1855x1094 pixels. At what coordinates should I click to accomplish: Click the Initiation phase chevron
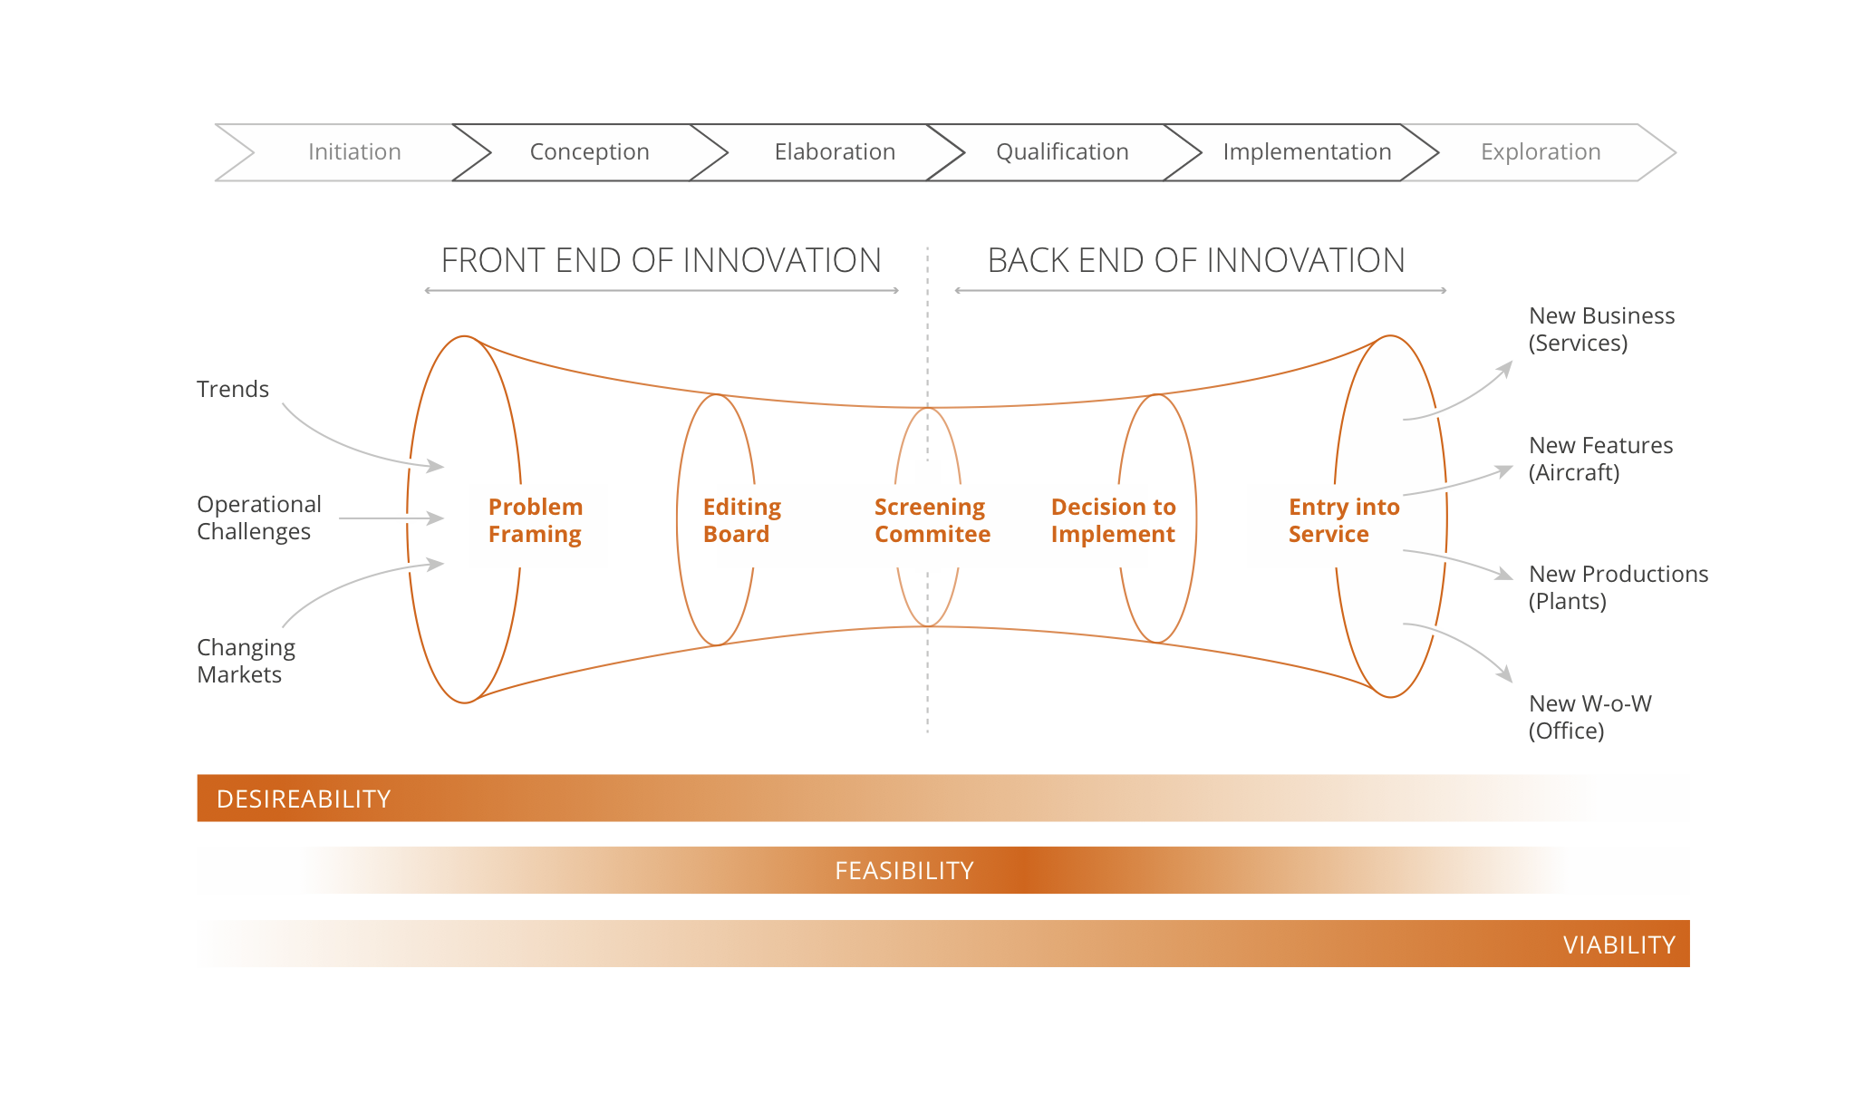(354, 152)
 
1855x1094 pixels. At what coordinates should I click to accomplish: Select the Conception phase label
(589, 152)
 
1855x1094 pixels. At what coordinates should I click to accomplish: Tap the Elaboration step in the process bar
(835, 152)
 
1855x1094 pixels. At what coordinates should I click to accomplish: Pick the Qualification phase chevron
(1062, 152)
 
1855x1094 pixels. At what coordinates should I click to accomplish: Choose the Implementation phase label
(1307, 152)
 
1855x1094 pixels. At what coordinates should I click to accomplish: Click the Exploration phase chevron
(1541, 152)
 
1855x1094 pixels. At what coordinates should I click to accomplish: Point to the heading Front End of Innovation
(661, 261)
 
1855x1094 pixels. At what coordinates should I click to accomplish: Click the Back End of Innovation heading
(1196, 261)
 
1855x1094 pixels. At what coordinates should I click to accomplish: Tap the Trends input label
(233, 390)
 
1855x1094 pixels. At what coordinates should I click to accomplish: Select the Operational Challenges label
(258, 518)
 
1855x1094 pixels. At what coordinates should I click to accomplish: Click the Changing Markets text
(246, 661)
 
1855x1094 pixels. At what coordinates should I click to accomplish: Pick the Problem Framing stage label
(536, 520)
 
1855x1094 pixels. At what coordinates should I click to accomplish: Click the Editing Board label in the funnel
(741, 520)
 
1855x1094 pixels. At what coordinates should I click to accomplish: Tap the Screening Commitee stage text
(932, 520)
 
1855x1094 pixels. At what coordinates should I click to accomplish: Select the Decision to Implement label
(1113, 520)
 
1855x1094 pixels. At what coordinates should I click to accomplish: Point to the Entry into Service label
(1343, 520)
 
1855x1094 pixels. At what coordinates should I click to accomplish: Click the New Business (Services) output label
(1601, 329)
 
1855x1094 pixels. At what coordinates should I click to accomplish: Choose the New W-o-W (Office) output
(1589, 717)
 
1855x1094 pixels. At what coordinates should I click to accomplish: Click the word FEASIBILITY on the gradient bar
(903, 871)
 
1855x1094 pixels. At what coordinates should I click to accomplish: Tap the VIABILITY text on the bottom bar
(1618, 945)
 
